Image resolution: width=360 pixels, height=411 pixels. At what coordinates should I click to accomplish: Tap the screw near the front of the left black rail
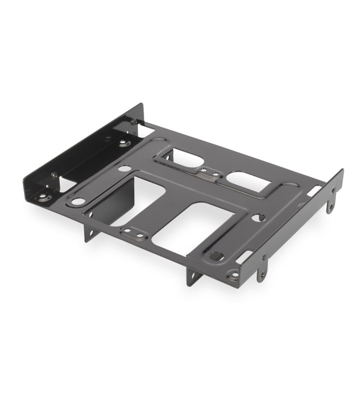point(55,175)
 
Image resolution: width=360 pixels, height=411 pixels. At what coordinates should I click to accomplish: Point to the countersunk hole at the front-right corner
point(234,276)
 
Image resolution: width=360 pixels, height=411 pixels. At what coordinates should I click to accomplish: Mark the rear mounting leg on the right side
point(331,200)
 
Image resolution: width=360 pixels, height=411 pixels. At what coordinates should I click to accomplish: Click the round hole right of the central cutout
point(258,218)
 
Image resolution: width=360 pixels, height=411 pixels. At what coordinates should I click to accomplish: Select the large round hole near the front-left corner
point(78,201)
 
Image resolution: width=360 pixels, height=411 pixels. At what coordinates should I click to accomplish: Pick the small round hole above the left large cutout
point(125,168)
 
